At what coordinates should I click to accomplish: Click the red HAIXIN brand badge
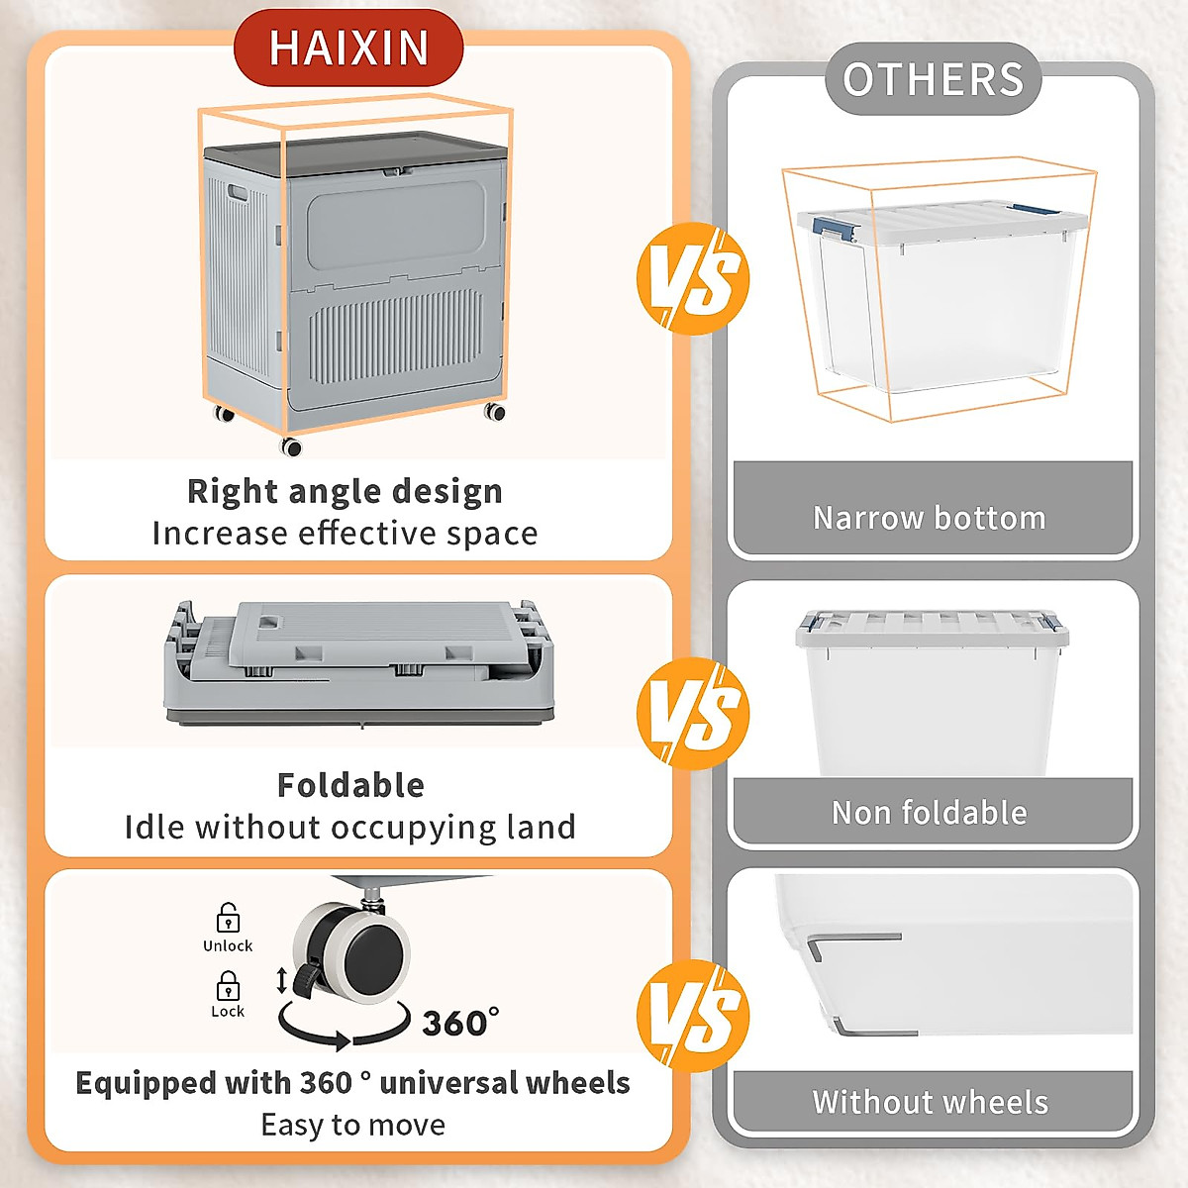348,48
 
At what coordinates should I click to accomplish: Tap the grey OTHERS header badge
933,79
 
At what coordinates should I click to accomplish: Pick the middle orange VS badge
693,714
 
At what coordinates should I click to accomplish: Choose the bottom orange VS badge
693,1016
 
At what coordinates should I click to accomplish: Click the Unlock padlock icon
228,918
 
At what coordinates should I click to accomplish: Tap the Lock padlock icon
228,986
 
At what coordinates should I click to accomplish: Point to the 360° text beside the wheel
460,1023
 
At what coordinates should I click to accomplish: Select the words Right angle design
345,491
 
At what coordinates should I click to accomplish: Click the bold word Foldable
350,785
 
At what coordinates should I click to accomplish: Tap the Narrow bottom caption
930,518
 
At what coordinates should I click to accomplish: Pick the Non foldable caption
930,813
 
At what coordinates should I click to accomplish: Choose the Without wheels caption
930,1102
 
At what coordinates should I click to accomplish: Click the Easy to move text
352,1126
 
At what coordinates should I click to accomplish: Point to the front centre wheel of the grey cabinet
291,446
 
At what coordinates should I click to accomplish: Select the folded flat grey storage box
358,663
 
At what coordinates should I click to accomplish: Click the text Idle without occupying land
349,828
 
